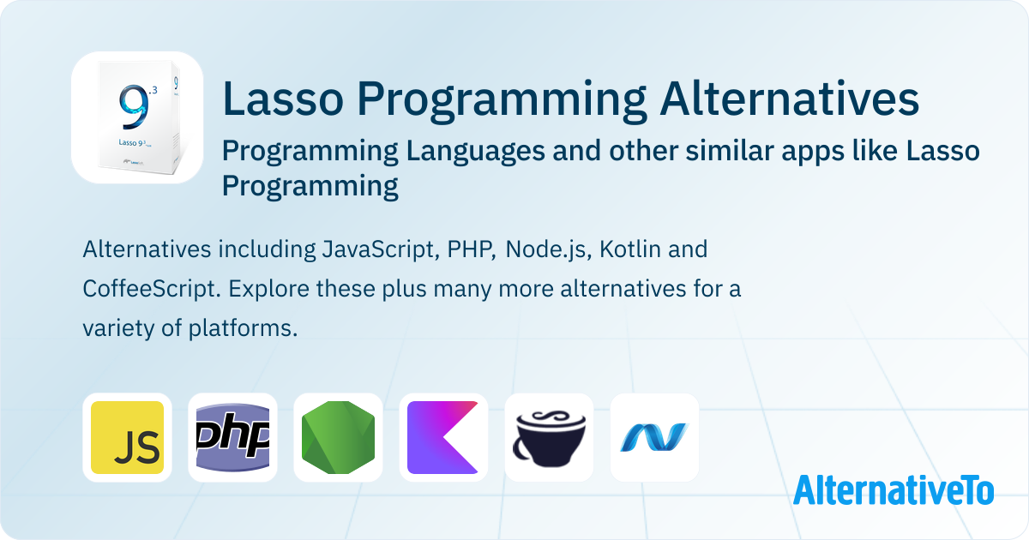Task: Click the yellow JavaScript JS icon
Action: pos(127,437)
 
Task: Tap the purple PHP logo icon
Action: pos(232,437)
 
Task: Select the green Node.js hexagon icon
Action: pos(338,437)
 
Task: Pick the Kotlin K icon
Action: pos(443,437)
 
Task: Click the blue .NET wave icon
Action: pos(654,436)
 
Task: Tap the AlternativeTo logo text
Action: pos(894,490)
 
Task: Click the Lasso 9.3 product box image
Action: pos(138,117)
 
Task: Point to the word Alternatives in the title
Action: pos(789,99)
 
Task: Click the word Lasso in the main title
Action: pos(283,99)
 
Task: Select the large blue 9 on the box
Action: pos(134,106)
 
